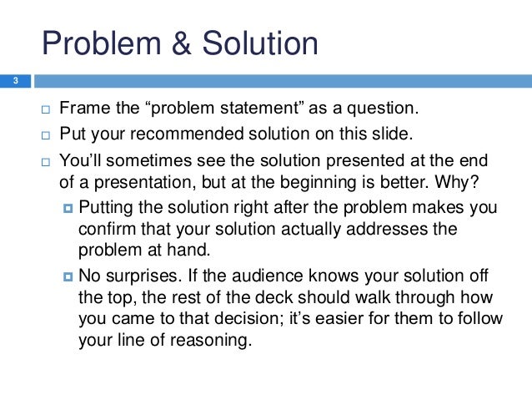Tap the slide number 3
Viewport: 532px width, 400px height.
(14, 81)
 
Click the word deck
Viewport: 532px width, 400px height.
(221, 297)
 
